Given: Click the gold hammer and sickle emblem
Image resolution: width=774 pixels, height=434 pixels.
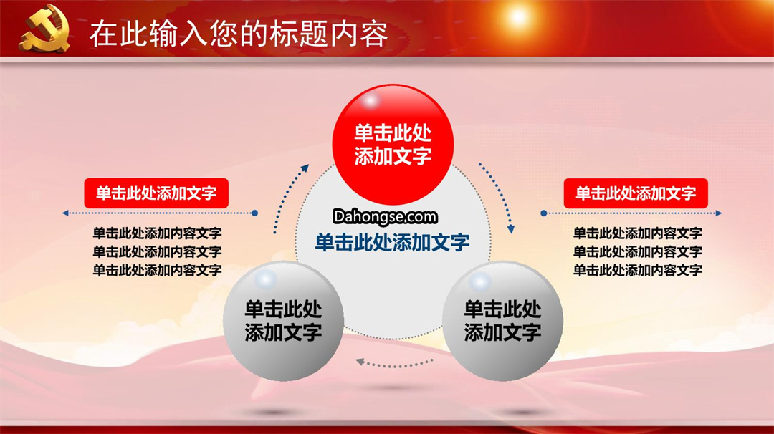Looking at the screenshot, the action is (x=44, y=28).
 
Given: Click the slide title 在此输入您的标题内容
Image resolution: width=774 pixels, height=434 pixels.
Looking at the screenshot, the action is (x=239, y=34).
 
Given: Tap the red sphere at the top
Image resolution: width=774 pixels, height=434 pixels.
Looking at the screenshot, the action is (x=393, y=144).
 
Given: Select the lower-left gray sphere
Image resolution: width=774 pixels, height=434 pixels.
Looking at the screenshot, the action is (x=283, y=321).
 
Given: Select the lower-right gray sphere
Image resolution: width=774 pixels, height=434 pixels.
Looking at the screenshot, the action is (x=502, y=321).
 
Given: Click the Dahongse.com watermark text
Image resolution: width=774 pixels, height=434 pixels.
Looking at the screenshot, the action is (x=385, y=216).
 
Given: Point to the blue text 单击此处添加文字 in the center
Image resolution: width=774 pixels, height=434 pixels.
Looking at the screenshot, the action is (x=393, y=242).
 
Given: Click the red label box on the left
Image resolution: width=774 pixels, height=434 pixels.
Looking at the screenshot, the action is (x=156, y=193).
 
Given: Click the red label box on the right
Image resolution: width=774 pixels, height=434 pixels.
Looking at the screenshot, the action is (x=636, y=193).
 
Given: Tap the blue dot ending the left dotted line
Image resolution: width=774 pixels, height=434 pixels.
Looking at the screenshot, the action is (x=254, y=213).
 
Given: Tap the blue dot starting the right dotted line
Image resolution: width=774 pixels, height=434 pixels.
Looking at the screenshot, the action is (x=543, y=213).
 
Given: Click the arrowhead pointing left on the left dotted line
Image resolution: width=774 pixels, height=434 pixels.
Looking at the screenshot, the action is (x=65, y=213).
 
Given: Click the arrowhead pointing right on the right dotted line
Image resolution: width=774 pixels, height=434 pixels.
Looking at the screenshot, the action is (x=719, y=213).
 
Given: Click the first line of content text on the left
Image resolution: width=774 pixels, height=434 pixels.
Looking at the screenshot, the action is (x=157, y=233).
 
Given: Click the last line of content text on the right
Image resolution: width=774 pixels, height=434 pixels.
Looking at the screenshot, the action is (x=637, y=270).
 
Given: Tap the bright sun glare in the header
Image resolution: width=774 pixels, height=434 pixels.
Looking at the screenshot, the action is (x=518, y=16).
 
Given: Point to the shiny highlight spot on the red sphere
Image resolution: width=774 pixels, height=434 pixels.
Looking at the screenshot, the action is (x=371, y=100).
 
